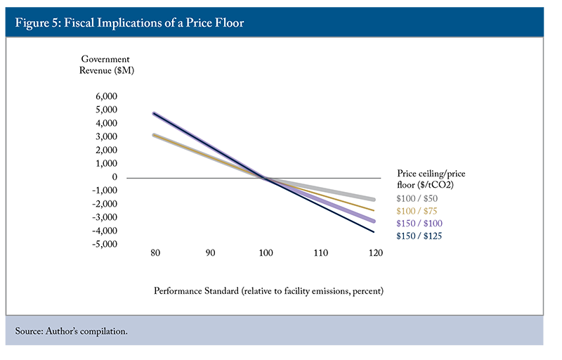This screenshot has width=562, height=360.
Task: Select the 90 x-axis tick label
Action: (x=209, y=252)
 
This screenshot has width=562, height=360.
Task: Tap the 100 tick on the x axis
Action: (x=264, y=252)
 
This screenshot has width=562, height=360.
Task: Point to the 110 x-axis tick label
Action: (x=319, y=252)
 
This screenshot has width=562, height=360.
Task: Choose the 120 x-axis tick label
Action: (x=374, y=252)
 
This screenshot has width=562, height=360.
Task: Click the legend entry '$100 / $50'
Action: (x=417, y=200)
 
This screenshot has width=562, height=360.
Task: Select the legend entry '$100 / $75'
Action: (x=417, y=212)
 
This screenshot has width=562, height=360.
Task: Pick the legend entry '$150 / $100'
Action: (x=419, y=224)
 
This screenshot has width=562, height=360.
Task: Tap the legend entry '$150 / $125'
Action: (x=419, y=236)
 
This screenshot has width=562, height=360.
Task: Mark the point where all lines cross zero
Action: (x=264, y=177)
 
